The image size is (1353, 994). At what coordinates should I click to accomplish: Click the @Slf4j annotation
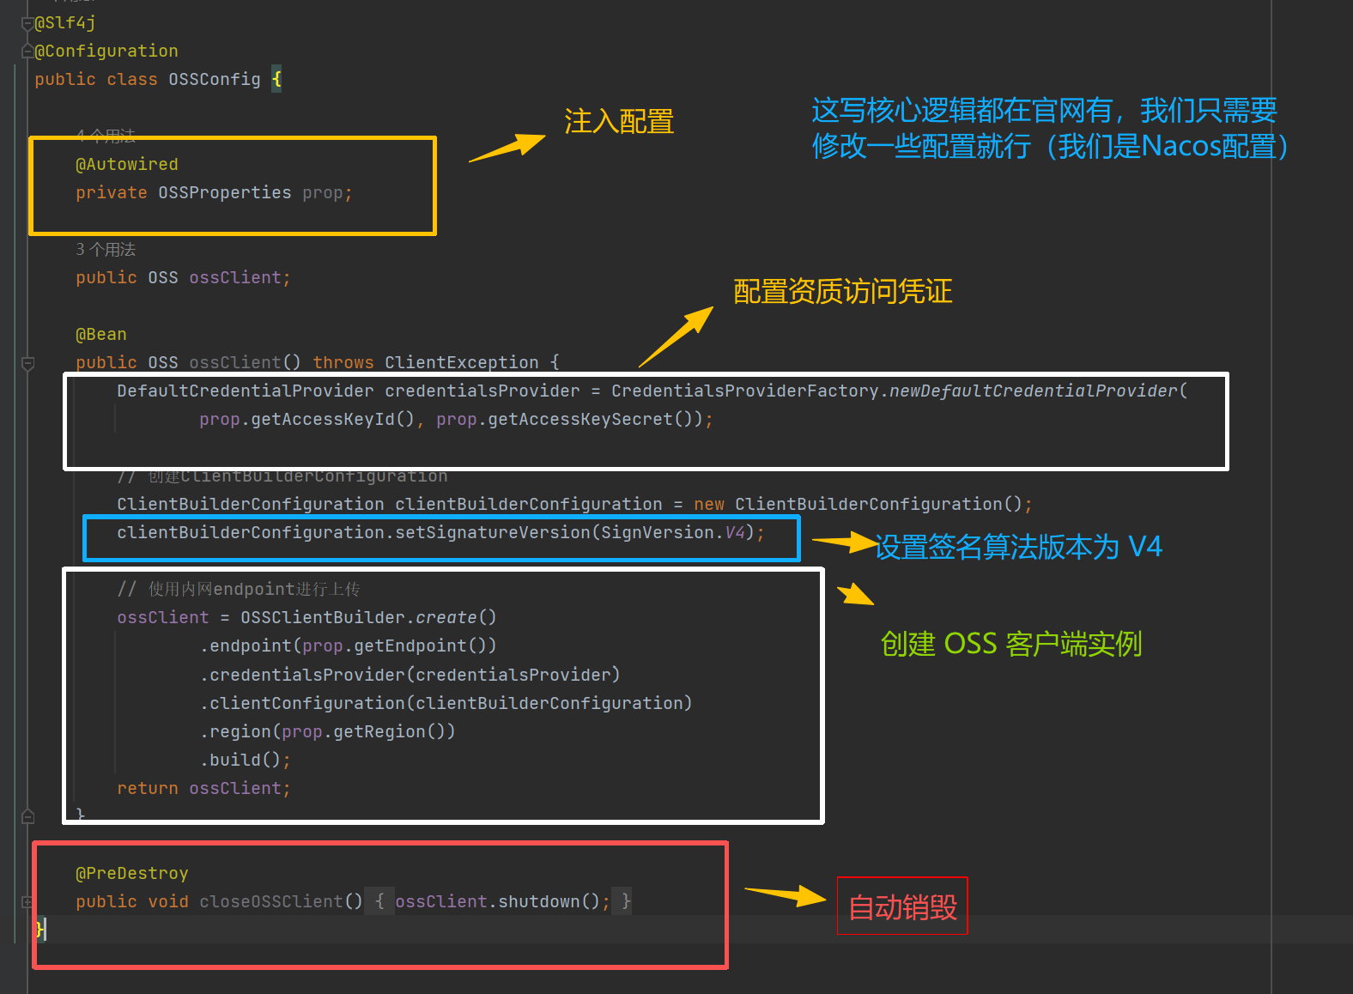click(64, 23)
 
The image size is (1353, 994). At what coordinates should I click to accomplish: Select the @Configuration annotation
click(106, 52)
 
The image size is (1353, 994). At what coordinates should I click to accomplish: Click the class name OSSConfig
click(214, 80)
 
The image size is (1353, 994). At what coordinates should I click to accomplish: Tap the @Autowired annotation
click(127, 165)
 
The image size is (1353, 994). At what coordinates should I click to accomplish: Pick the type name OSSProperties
click(224, 193)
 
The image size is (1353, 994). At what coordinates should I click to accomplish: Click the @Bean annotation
click(101, 335)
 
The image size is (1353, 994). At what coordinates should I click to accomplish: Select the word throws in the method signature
click(343, 363)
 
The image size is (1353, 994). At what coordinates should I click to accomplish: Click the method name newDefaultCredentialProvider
click(1033, 391)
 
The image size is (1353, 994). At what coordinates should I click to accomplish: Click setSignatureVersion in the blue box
click(492, 533)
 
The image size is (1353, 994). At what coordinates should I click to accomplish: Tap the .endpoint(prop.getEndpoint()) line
click(349, 646)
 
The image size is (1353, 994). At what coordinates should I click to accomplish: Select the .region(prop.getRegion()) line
click(328, 732)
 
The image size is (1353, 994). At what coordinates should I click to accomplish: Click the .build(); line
click(246, 761)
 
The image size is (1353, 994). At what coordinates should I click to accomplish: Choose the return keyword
click(148, 789)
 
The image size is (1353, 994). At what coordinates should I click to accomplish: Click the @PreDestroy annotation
click(132, 874)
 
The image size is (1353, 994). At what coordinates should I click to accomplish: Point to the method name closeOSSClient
click(270, 902)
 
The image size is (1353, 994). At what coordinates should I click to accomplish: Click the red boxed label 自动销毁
click(902, 906)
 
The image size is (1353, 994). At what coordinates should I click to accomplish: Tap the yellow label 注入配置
click(619, 122)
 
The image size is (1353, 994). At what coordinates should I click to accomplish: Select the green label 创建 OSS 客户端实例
click(1011, 644)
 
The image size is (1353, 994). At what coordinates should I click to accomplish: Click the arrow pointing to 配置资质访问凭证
click(677, 336)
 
